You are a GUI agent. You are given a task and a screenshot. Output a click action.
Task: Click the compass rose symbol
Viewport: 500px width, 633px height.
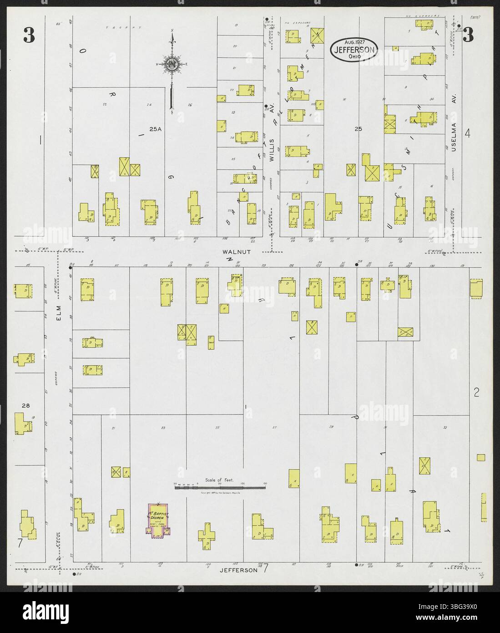point(172,65)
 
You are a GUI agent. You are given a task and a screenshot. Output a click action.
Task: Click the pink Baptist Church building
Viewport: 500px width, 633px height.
point(158,519)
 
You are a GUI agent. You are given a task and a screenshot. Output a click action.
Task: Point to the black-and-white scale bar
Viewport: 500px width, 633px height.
point(221,487)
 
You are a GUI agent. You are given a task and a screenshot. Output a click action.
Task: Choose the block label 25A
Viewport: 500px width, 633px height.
point(155,129)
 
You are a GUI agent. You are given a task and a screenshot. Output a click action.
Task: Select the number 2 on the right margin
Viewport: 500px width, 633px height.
point(476,392)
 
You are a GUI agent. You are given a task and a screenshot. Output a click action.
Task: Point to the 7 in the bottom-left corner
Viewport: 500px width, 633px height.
point(20,543)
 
